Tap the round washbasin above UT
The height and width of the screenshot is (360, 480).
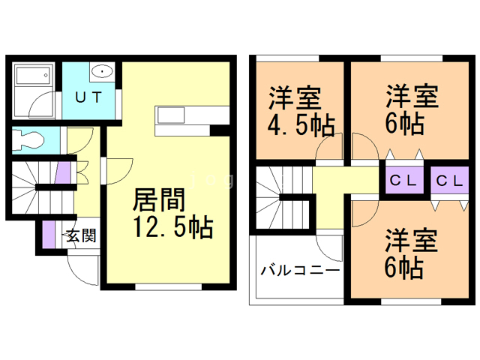[101, 72]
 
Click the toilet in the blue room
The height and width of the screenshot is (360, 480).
[31, 139]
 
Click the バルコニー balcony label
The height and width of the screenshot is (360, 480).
[301, 270]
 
